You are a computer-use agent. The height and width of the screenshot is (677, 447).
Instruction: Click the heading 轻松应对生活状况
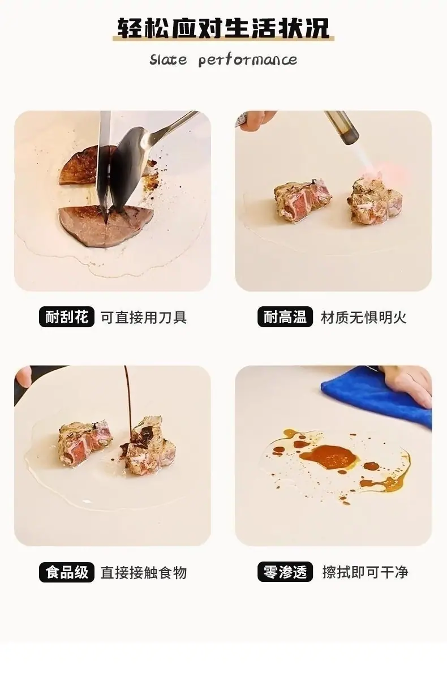click(x=223, y=28)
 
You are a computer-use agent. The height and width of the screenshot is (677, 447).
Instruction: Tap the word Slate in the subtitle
click(x=168, y=59)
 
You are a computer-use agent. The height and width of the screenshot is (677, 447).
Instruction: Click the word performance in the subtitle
click(x=248, y=60)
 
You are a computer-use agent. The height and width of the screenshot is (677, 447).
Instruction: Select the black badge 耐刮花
click(x=66, y=318)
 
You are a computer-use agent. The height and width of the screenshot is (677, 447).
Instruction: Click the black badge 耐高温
click(x=285, y=318)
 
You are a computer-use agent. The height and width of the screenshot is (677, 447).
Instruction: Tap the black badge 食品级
click(x=66, y=572)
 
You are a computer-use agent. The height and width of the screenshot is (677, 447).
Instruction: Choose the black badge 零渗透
click(x=285, y=572)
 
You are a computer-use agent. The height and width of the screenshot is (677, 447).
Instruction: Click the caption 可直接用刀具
click(x=144, y=318)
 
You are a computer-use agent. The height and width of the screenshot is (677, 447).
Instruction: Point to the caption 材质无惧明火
click(x=364, y=318)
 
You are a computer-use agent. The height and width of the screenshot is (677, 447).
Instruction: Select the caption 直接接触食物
click(x=144, y=572)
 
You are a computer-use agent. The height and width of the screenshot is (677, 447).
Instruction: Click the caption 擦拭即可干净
click(x=365, y=572)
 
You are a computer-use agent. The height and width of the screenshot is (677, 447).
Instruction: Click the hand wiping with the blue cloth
click(x=408, y=384)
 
